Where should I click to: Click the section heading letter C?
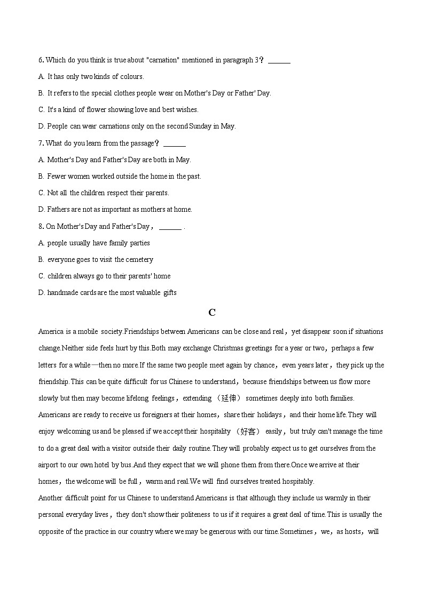[212, 313]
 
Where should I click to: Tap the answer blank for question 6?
[279, 61]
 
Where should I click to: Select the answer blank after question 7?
[174, 143]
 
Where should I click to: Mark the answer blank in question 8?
[170, 227]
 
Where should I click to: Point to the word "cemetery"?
[139, 260]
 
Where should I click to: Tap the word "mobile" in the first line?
[84, 332]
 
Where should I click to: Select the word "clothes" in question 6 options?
[123, 93]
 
